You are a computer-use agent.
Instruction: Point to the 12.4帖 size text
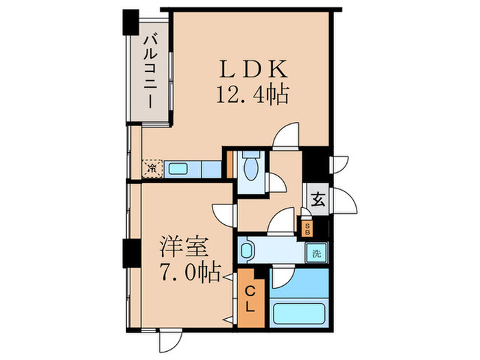pyautogui.click(x=251, y=93)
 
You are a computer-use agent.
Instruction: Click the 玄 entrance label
pyautogui.click(x=317, y=200)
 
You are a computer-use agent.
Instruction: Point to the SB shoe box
pyautogui.click(x=308, y=227)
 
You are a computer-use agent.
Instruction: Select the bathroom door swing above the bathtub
pyautogui.click(x=281, y=277)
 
